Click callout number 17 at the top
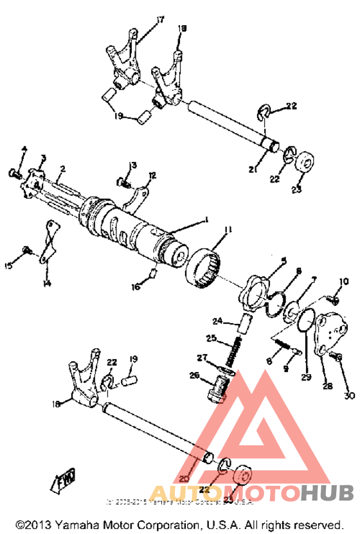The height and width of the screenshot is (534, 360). point(160,21)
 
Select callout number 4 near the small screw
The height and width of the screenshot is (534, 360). point(24,150)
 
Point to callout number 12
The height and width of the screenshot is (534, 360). point(152,175)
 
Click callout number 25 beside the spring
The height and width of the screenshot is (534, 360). point(210,337)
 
